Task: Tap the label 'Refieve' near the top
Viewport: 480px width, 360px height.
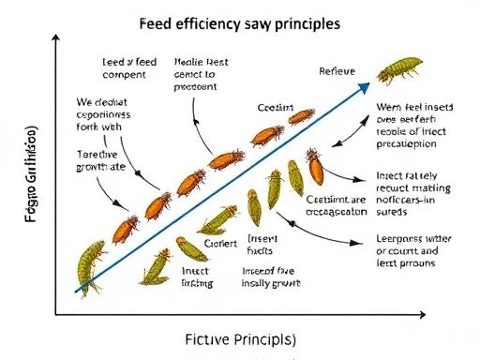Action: (337, 71)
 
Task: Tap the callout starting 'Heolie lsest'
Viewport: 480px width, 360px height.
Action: (196, 74)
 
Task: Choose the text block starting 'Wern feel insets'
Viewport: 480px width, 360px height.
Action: (414, 126)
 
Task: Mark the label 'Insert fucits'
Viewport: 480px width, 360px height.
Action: (259, 246)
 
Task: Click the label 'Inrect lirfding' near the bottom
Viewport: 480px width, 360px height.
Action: (195, 276)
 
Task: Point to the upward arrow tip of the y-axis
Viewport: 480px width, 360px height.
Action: (58, 36)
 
